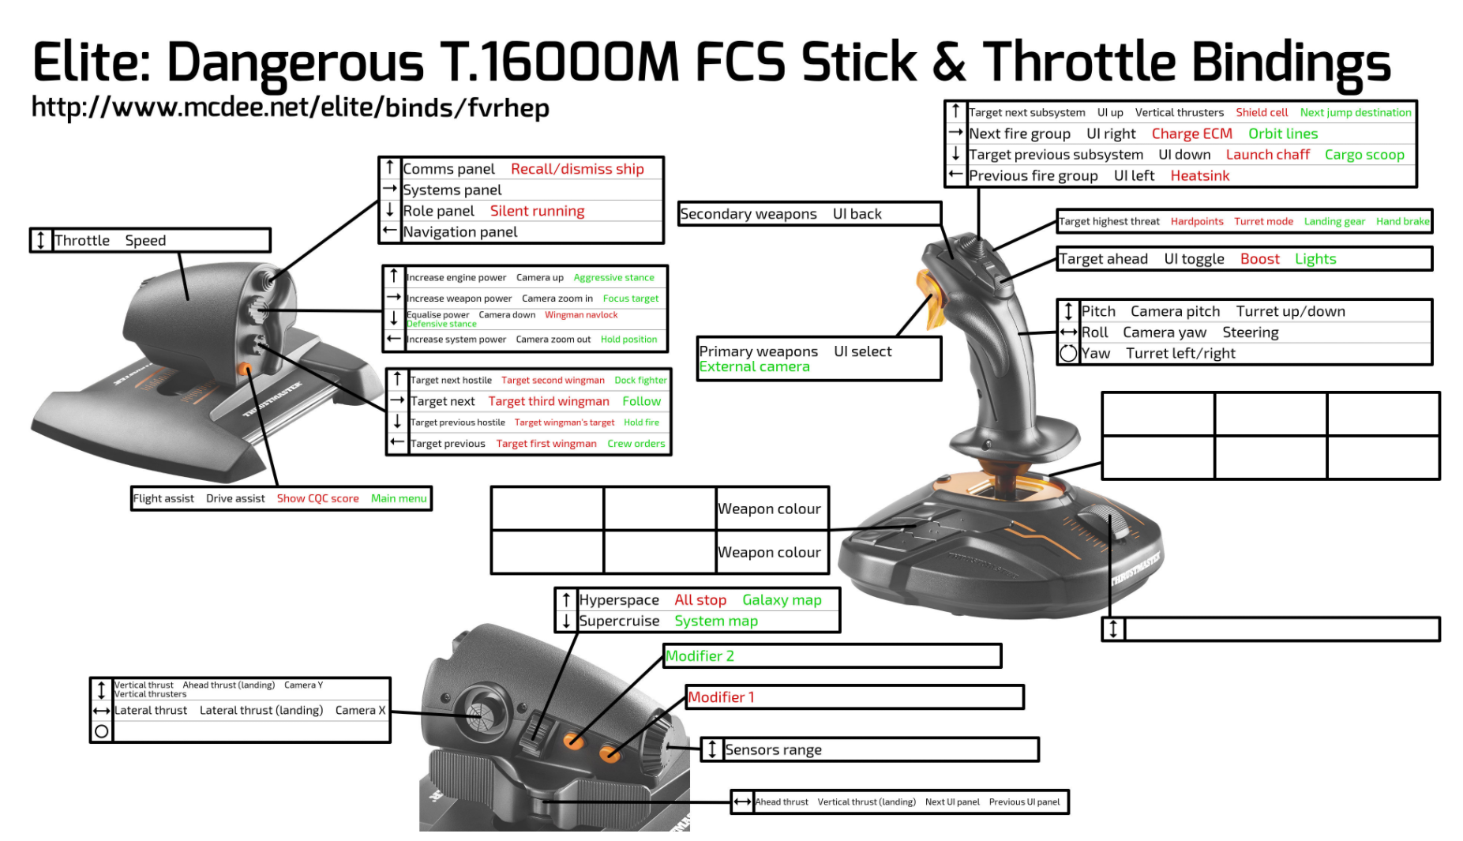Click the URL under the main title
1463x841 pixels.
290,107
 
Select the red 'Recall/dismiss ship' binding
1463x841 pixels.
577,169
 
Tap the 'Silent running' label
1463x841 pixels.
537,211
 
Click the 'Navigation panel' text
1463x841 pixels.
460,232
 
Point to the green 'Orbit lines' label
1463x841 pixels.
1283,133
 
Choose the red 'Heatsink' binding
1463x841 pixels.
1200,175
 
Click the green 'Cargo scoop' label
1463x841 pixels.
1364,155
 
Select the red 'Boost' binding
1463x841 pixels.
1260,259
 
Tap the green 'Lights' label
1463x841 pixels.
1315,259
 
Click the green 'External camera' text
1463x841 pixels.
755,366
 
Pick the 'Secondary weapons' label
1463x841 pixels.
748,214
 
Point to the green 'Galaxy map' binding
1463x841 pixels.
782,600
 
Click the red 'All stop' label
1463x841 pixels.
700,600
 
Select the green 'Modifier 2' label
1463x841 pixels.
700,656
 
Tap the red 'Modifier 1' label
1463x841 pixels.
721,697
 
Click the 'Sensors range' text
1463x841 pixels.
773,749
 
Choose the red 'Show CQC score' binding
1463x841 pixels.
317,498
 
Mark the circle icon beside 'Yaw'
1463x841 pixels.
1068,353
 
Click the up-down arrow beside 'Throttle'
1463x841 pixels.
41,240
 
